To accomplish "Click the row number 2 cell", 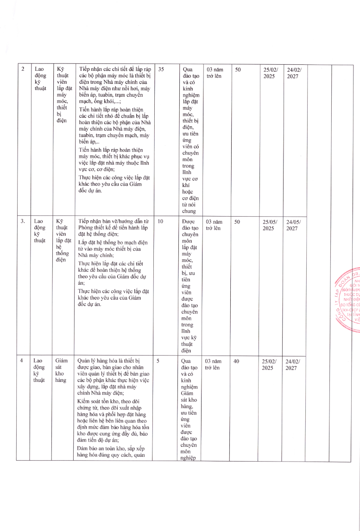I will coord(23,69).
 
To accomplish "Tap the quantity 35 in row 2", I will coord(161,69).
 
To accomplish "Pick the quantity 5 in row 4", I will coord(158,360).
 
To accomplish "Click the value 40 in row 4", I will coord(237,360).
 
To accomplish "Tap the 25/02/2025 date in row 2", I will coord(269,73).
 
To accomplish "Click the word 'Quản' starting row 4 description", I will coord(84,360).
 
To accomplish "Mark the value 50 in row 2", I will coord(237,69).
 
